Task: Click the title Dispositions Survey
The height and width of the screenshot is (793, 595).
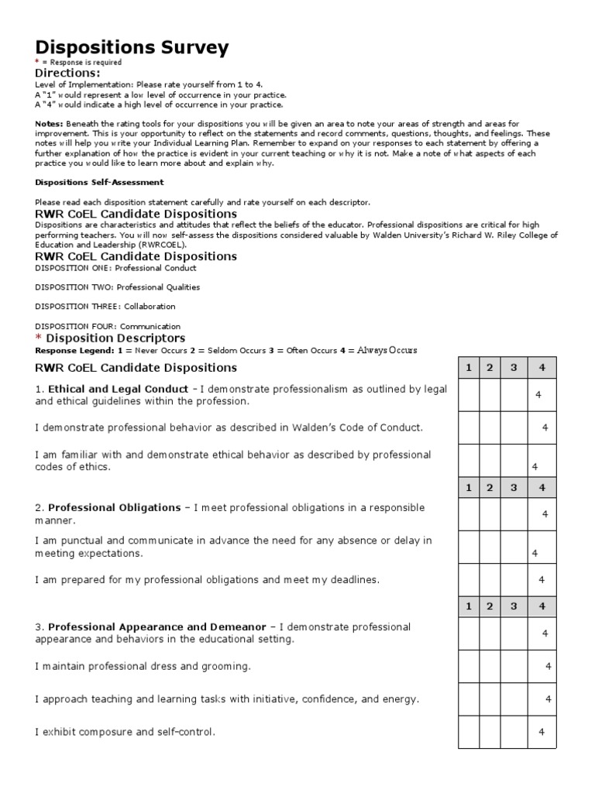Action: [x=132, y=48]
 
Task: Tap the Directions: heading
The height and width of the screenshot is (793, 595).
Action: [x=67, y=73]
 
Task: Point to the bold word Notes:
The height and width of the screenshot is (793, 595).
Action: [x=51, y=124]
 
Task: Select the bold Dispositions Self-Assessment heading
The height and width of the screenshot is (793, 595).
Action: [x=99, y=182]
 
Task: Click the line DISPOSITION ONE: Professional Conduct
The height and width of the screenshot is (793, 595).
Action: [x=116, y=267]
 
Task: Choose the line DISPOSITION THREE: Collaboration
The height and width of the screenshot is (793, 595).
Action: [x=105, y=307]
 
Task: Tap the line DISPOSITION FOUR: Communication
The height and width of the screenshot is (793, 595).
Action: [x=108, y=326]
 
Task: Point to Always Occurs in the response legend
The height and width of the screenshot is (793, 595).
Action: [x=387, y=350]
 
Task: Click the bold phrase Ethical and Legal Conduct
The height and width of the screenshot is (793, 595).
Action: [x=118, y=389]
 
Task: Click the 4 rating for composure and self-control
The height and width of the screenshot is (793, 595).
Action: [x=542, y=732]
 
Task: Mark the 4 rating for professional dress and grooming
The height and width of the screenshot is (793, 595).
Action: [x=548, y=666]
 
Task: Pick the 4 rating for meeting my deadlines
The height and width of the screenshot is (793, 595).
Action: [x=542, y=579]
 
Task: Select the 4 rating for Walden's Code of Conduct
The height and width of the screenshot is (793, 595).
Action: [x=545, y=427]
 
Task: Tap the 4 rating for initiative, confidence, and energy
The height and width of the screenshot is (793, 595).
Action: [x=548, y=699]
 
